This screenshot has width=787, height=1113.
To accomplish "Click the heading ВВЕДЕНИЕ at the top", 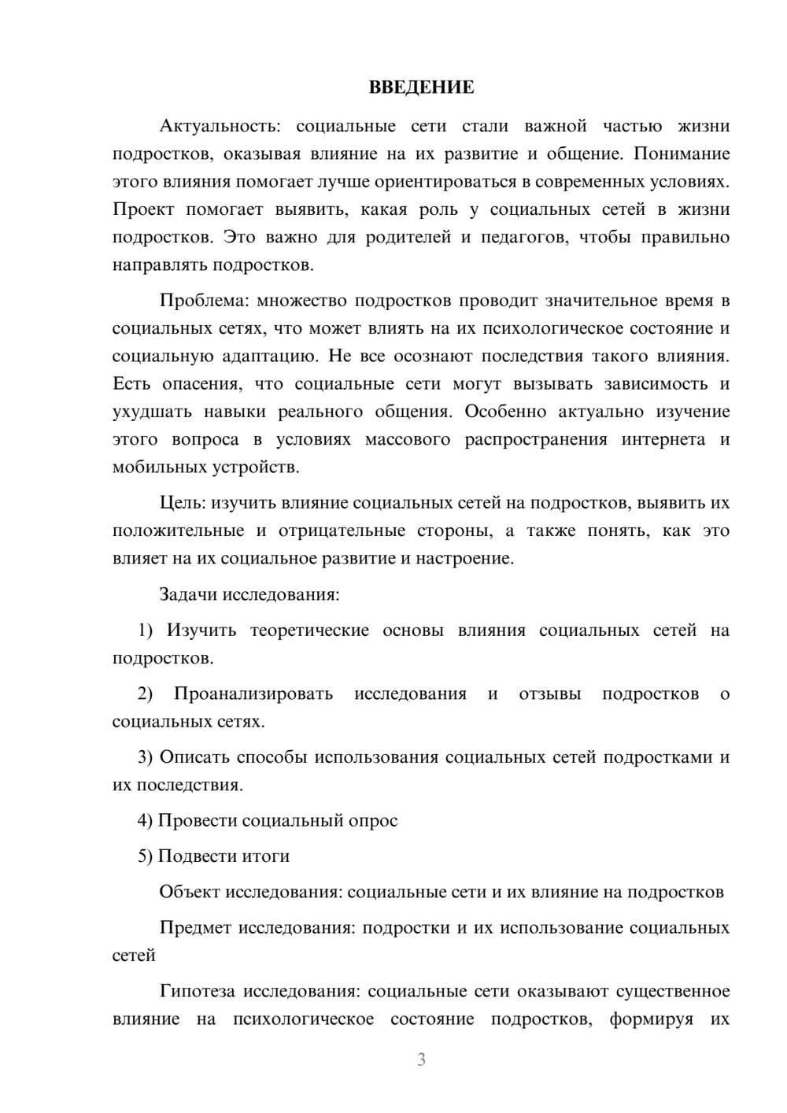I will point(421,87).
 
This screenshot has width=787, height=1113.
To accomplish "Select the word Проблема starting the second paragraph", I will point(205,301).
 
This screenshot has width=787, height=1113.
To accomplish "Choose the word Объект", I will point(190,892).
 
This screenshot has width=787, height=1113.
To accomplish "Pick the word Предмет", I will point(195,927).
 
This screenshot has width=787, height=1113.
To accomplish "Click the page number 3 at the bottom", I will point(421,1059).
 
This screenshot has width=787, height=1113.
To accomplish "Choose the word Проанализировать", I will point(253,693).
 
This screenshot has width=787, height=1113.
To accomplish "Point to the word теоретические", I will point(309,630).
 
